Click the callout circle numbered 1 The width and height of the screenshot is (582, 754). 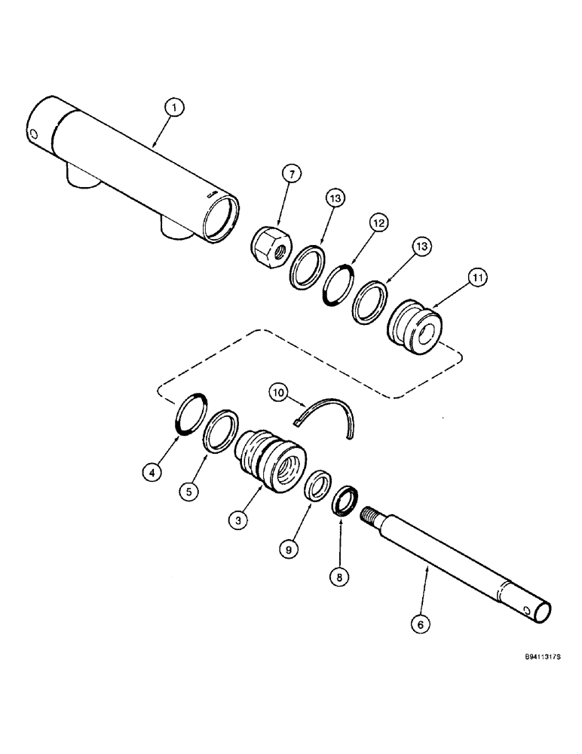coord(174,109)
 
